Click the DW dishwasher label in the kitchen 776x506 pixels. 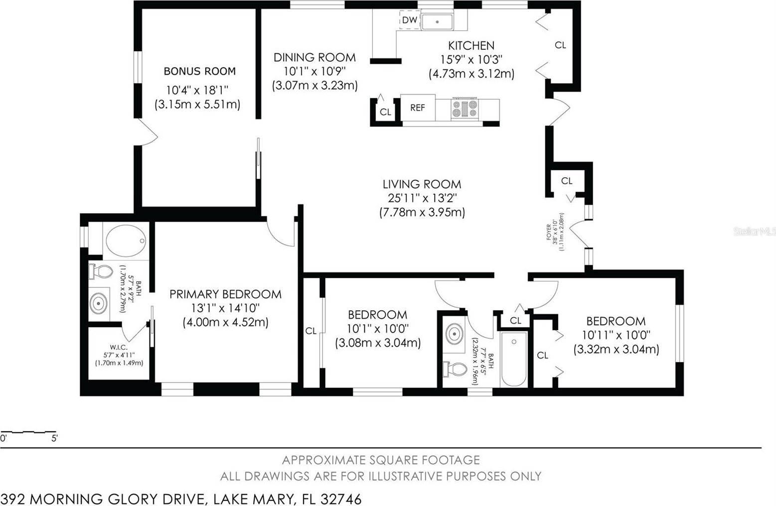coord(410,20)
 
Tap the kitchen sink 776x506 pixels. coord(437,21)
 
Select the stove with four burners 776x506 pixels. coord(465,109)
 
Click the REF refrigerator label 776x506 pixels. coord(418,108)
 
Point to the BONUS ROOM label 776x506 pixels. coord(200,71)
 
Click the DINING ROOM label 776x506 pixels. coord(314,57)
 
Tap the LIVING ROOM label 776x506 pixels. coord(422,184)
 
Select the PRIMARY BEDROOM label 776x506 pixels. coord(225,294)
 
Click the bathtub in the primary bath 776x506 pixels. coord(126,241)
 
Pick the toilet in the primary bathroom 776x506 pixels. coord(101,272)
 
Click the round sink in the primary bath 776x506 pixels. coord(98,302)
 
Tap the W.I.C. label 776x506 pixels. coord(119,348)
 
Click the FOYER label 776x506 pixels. coord(549,232)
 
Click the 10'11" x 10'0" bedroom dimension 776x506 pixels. coord(616,335)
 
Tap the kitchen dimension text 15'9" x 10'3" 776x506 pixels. coord(471,59)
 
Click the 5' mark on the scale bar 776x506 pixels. coord(54,438)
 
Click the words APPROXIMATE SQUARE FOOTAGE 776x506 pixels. coord(381,460)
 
